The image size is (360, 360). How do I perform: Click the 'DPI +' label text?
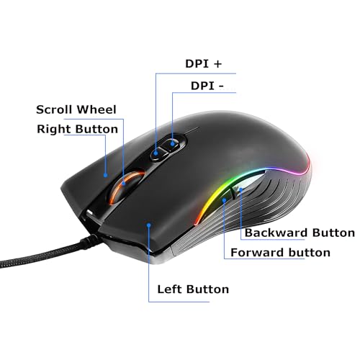click(204, 63)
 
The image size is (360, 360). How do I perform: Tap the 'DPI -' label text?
click(207, 86)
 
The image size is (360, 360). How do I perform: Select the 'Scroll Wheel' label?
click(76, 109)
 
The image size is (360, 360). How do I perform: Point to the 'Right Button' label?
click(77, 129)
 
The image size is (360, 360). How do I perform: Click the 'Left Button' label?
click(193, 289)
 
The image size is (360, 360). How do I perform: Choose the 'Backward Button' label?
click(300, 233)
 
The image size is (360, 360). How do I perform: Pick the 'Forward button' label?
click(280, 253)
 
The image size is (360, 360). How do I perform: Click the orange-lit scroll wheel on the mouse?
click(127, 188)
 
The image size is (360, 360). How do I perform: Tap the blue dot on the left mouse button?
click(149, 225)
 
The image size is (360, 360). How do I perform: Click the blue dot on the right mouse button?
click(105, 175)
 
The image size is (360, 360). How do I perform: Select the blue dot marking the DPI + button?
click(156, 153)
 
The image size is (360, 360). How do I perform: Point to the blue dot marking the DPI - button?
click(172, 144)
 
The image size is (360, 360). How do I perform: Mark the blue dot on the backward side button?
click(240, 189)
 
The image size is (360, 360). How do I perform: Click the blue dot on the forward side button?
click(224, 200)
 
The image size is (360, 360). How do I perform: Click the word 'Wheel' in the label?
click(96, 109)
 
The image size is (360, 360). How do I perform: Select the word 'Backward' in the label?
click(276, 233)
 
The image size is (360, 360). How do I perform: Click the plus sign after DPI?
click(217, 64)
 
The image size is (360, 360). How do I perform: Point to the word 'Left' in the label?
click(171, 289)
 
